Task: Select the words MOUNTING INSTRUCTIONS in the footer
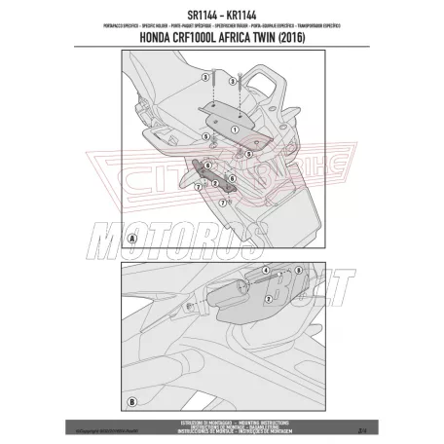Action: [282, 416]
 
